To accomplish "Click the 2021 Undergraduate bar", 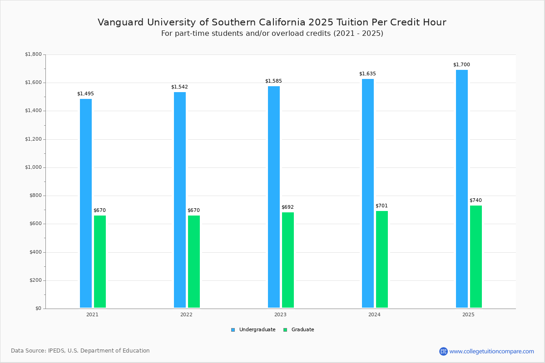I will tap(86, 203).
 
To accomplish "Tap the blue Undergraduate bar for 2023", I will tap(274, 197).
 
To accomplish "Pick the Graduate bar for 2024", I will tap(382, 259).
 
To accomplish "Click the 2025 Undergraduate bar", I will tap(462, 189).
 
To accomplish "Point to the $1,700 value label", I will tap(461, 65).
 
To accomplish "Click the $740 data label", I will tap(476, 201).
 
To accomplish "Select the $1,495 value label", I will tap(85, 94).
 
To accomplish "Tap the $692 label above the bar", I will tap(287, 207).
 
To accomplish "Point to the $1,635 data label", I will tap(367, 74).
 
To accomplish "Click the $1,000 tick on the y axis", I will tap(33, 167).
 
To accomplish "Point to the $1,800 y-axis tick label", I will tap(33, 54).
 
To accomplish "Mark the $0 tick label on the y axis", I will tap(38, 309).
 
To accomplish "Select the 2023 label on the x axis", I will tap(280, 314).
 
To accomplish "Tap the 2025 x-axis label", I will tap(468, 314).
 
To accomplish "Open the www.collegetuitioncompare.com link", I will tap(491, 351).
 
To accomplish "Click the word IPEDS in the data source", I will tap(56, 351).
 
